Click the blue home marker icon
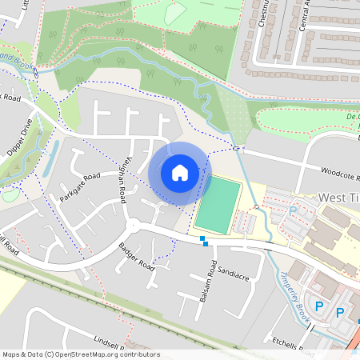point(180,172)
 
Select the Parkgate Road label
point(79,186)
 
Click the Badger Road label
point(136,255)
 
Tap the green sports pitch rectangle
point(218,206)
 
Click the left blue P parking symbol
point(318,306)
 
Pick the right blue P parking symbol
point(339,312)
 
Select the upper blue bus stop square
point(202,238)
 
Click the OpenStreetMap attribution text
point(81,354)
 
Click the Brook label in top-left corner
point(16,60)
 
